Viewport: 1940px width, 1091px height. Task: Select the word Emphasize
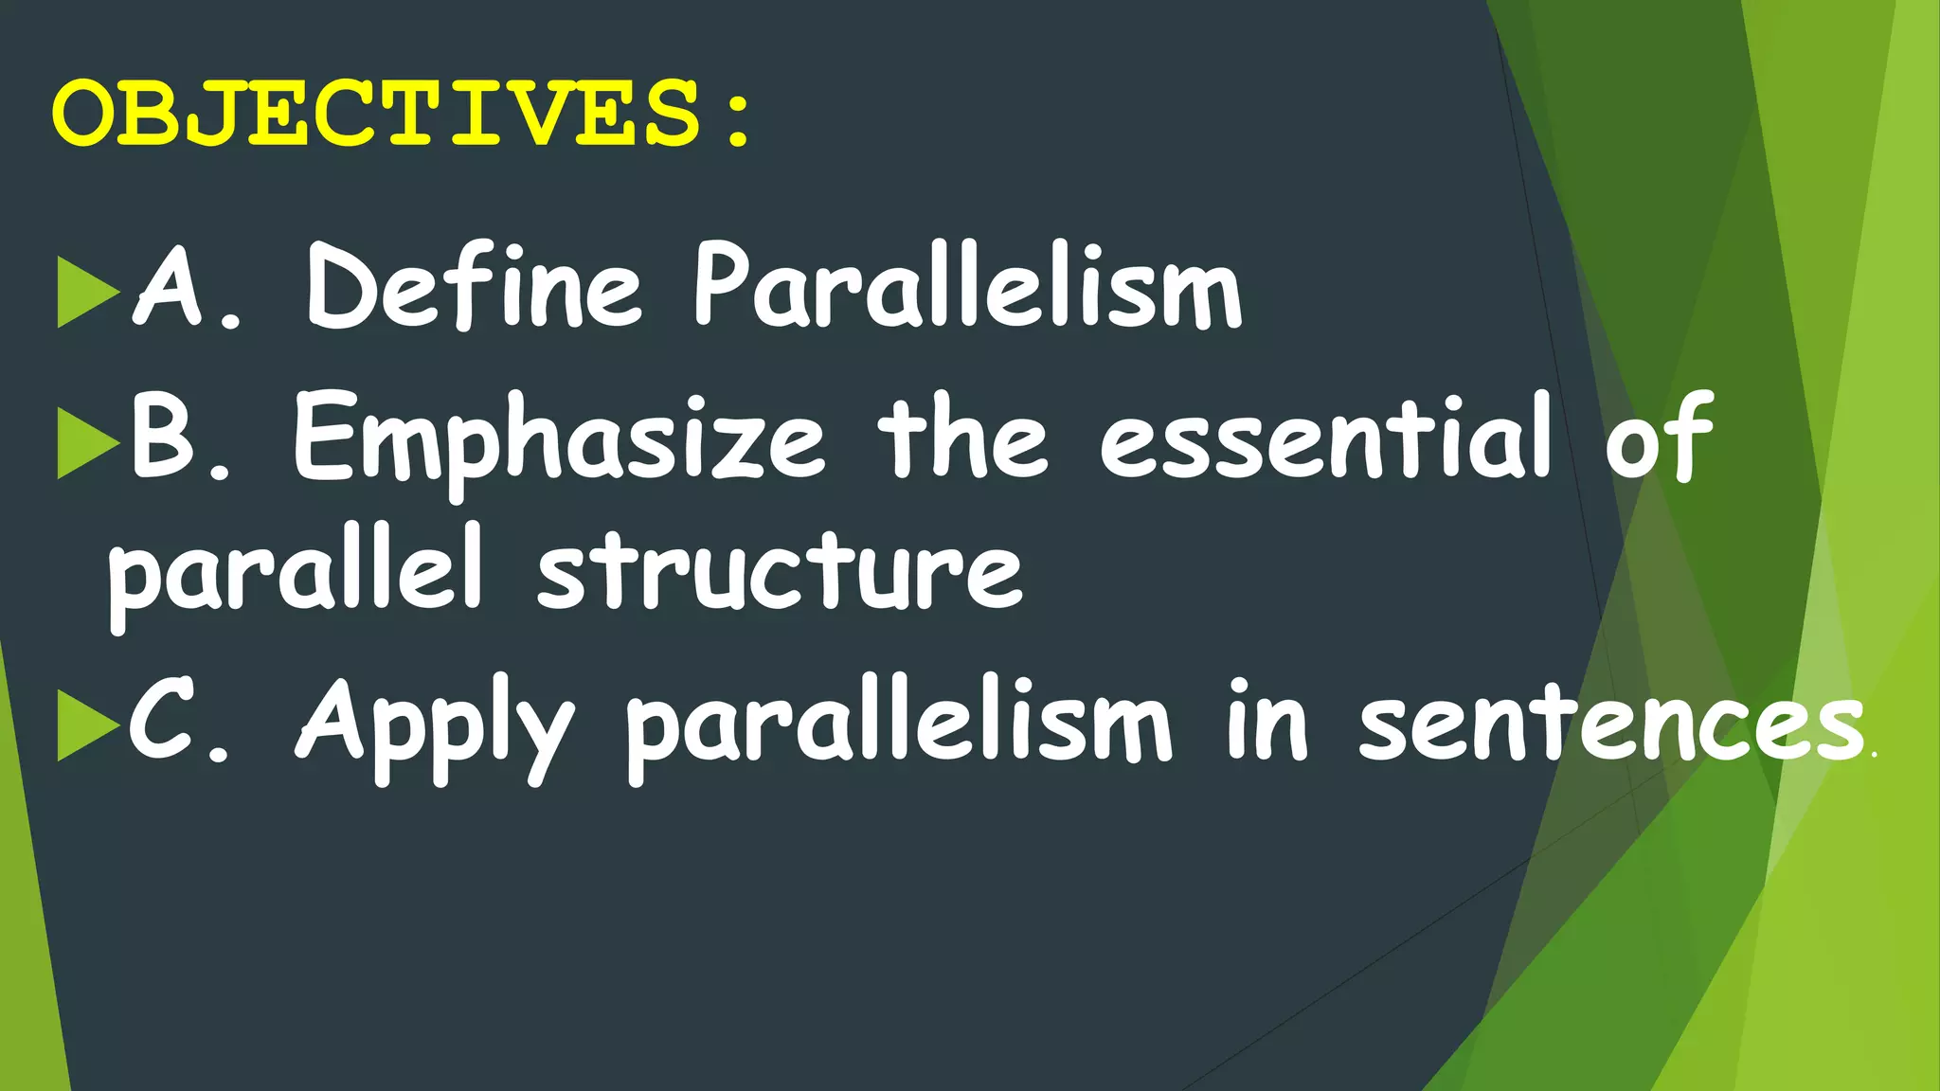click(559, 440)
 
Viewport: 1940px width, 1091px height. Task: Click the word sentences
click(1610, 724)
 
